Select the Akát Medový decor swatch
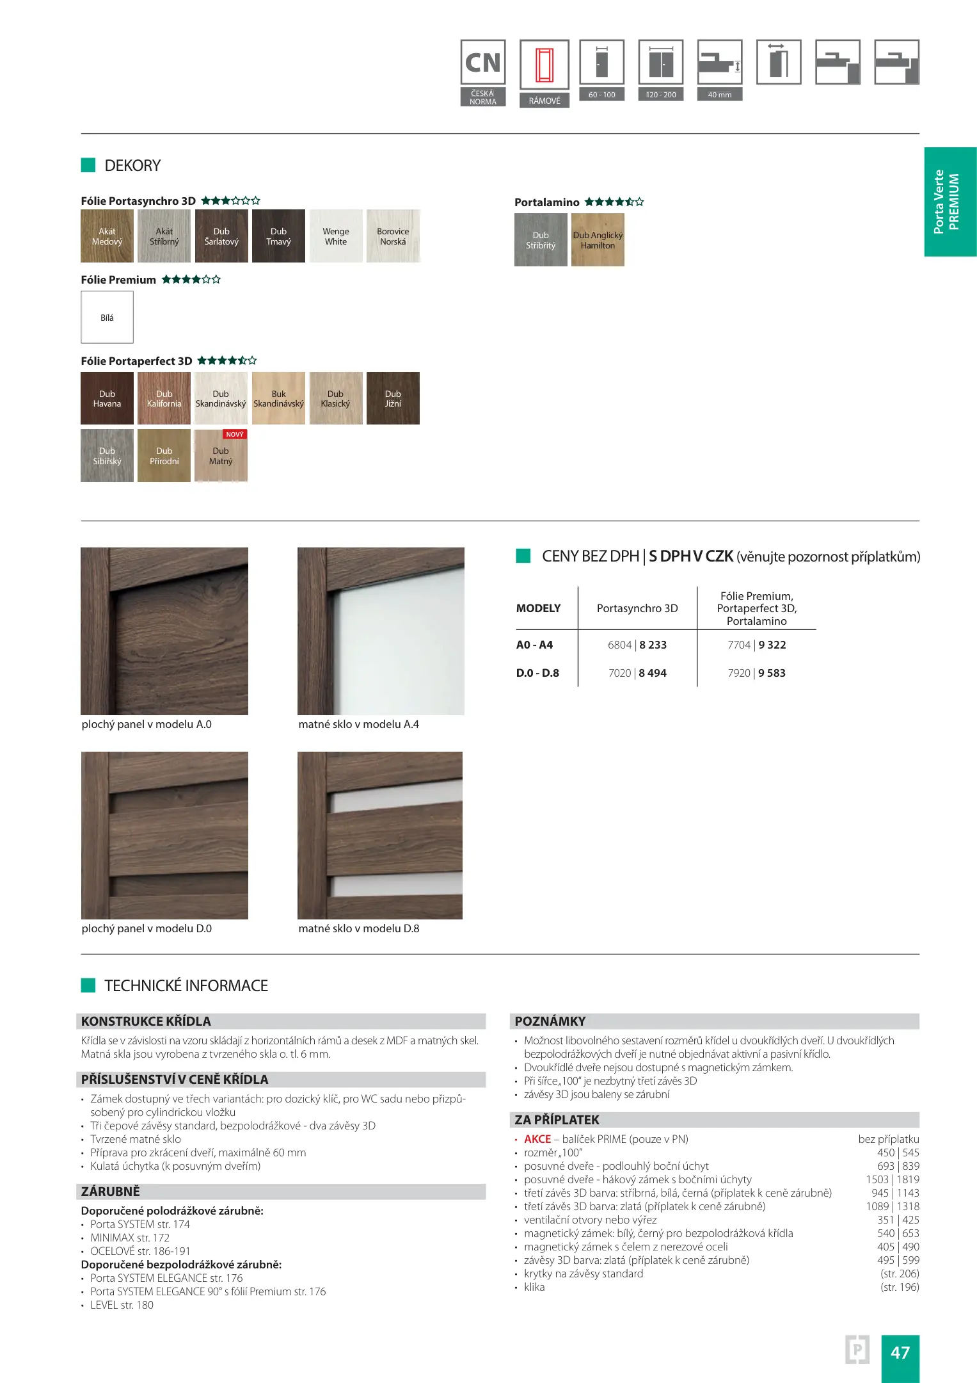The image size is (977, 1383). pyautogui.click(x=107, y=236)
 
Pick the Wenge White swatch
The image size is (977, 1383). pyautogui.click(x=335, y=236)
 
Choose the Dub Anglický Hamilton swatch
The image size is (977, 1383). pyautogui.click(x=598, y=240)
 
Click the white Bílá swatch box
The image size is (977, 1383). pyautogui.click(x=107, y=318)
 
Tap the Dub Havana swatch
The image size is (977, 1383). pyautogui.click(x=107, y=398)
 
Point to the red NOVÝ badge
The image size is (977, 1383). pyautogui.click(x=235, y=434)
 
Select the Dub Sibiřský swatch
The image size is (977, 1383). pyautogui.click(x=107, y=455)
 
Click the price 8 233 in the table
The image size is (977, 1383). pyautogui.click(x=653, y=645)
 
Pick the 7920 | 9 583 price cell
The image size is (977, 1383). pyautogui.click(x=756, y=673)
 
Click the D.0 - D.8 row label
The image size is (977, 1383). pyautogui.click(x=537, y=673)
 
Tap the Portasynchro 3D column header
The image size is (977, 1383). pyautogui.click(x=637, y=608)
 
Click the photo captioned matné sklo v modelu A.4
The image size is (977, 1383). pyautogui.click(x=381, y=631)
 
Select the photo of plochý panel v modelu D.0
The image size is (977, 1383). pyautogui.click(x=164, y=836)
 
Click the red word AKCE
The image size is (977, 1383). pyautogui.click(x=537, y=1139)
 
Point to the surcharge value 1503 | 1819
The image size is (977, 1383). pyautogui.click(x=893, y=1179)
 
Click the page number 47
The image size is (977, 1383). pyautogui.click(x=900, y=1352)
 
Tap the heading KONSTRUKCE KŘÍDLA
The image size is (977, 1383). pyautogui.click(x=146, y=1021)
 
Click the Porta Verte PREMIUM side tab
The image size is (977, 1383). pyautogui.click(x=949, y=202)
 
